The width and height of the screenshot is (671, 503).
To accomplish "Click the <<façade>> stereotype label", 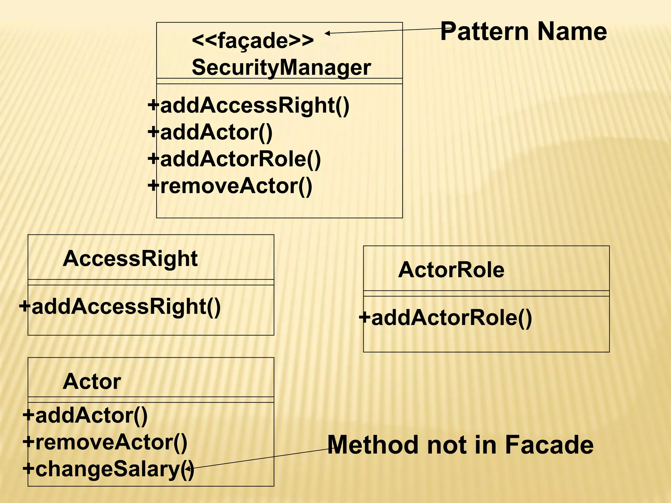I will tap(253, 41).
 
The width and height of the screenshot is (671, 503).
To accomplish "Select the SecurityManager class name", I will tap(281, 67).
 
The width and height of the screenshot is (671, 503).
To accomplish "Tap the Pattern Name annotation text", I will tap(523, 31).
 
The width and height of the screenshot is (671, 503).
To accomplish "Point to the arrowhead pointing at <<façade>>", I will tap(327, 33).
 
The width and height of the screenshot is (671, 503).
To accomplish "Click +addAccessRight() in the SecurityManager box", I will tap(249, 105).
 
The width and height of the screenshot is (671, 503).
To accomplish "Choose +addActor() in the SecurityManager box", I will tap(210, 132).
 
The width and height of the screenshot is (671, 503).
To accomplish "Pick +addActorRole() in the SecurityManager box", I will tap(234, 159).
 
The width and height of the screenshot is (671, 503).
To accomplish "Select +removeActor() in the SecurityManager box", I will tap(230, 186).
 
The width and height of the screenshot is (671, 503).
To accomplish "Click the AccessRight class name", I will tap(130, 259).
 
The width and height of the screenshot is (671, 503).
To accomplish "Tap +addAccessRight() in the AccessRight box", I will tap(120, 307).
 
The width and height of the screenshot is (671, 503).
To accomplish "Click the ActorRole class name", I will tap(451, 270).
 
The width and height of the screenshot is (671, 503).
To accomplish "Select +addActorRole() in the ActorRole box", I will tap(445, 318).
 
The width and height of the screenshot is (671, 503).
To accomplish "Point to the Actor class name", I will tap(92, 382).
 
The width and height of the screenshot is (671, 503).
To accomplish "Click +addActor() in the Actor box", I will tap(85, 415).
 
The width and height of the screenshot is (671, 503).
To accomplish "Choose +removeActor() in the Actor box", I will tap(105, 442).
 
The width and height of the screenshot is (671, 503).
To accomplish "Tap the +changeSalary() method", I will tap(108, 469).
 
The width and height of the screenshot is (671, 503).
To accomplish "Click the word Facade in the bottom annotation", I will tap(549, 445).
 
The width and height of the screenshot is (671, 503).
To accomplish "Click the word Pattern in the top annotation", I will tap(485, 31).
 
